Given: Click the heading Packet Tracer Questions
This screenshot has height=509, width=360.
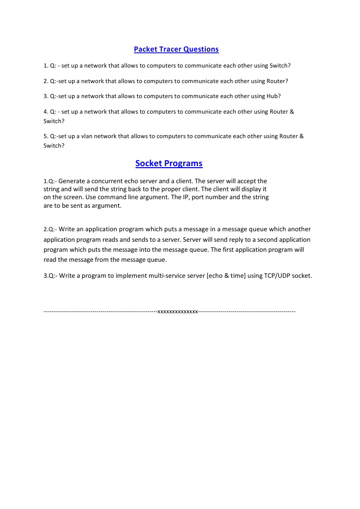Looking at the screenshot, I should click(x=176, y=49).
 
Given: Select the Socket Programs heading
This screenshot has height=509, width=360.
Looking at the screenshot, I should click(x=169, y=163).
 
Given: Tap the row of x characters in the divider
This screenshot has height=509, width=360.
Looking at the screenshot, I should click(x=178, y=311).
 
